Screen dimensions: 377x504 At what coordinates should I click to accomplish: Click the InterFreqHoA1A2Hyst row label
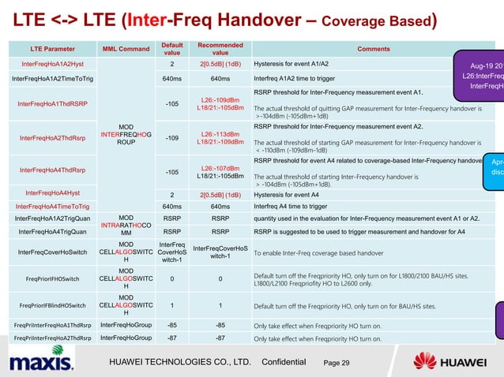(49, 63)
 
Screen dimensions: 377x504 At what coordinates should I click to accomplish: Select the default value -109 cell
(171, 138)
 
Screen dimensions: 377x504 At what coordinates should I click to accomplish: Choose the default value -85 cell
(171, 325)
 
